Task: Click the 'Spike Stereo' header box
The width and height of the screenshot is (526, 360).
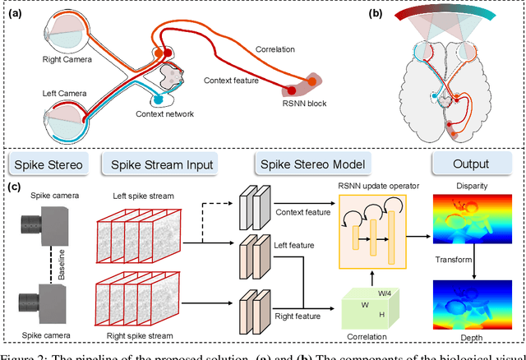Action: (46, 164)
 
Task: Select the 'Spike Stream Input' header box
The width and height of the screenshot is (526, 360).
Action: (157, 164)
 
